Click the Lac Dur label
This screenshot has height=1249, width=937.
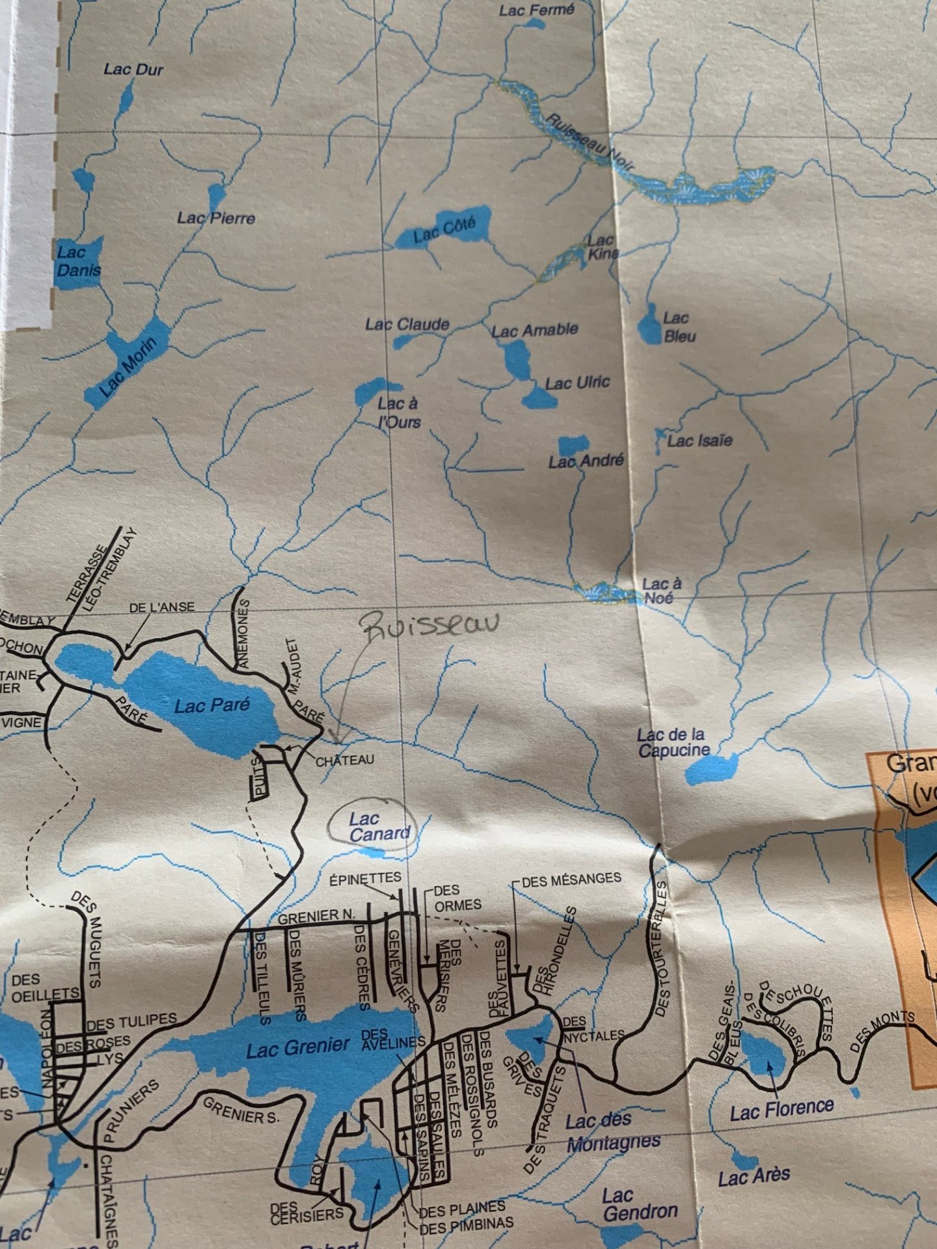pyautogui.click(x=133, y=69)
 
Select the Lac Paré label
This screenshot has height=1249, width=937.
pyautogui.click(x=212, y=705)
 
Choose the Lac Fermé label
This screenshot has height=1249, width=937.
pyautogui.click(x=537, y=10)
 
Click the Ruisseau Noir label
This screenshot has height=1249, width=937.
pyautogui.click(x=589, y=141)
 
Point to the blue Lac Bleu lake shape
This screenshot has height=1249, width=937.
pyautogui.click(x=649, y=324)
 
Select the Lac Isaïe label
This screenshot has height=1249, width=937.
pyautogui.click(x=699, y=441)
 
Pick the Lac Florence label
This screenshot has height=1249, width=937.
pyautogui.click(x=781, y=1109)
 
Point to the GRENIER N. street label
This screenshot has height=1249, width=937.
pyautogui.click(x=317, y=917)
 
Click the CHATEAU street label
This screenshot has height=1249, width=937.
pyautogui.click(x=345, y=760)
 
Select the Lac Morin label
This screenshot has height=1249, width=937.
pyautogui.click(x=128, y=368)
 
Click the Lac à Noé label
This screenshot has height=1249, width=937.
pyautogui.click(x=662, y=590)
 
